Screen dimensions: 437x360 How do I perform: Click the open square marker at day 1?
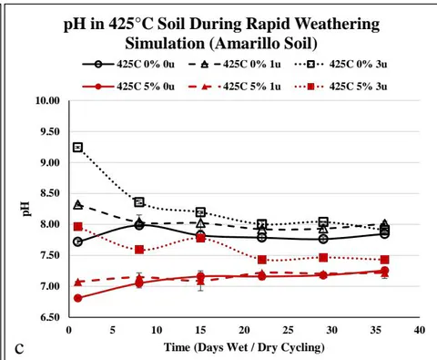78,148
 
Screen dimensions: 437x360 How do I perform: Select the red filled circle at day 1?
78,298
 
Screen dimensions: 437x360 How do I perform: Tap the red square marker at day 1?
78,227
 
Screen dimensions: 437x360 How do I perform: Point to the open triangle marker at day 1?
78,205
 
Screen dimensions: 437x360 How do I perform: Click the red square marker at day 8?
139,250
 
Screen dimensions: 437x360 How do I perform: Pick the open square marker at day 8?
139,201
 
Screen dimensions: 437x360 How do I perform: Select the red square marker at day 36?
384,260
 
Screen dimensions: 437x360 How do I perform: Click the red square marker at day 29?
323,258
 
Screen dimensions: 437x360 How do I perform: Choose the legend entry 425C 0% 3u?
341,64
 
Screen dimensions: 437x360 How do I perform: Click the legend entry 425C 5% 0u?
128,87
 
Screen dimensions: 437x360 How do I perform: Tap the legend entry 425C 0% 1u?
235,64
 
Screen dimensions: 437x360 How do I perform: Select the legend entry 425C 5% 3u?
341,87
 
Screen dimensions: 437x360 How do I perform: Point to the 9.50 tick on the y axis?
50,131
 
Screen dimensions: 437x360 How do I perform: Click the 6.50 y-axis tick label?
50,317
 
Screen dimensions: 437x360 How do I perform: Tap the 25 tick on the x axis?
288,330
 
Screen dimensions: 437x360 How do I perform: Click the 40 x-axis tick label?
420,330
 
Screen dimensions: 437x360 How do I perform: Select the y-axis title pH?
26,209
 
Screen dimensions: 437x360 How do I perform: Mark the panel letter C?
19,349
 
